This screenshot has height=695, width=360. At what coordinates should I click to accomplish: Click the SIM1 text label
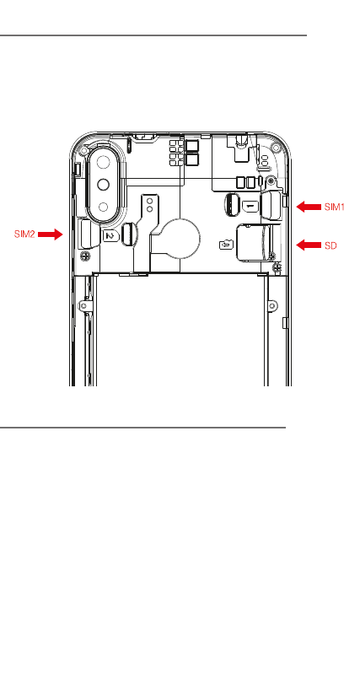[335, 207]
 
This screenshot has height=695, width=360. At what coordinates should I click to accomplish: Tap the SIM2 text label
[24, 234]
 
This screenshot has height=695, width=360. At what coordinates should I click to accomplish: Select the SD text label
[330, 245]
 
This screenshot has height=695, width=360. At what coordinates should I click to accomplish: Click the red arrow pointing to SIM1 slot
[309, 207]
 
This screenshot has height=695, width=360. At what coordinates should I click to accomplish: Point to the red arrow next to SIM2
[50, 234]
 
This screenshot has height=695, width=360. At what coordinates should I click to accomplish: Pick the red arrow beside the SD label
[309, 245]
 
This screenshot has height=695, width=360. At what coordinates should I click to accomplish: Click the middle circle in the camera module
[104, 184]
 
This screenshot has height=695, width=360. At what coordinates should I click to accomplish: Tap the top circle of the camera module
[104, 162]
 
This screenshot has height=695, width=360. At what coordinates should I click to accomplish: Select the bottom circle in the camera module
[104, 207]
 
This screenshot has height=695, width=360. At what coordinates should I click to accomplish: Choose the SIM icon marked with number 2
[111, 236]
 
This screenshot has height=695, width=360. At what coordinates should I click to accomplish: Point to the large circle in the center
[180, 239]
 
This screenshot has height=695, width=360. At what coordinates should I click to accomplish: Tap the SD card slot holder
[259, 242]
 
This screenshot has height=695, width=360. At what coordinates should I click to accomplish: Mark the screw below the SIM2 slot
[84, 256]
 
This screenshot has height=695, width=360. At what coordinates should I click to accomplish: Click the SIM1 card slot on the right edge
[271, 205]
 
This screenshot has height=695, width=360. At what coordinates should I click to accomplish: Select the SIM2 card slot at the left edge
[89, 234]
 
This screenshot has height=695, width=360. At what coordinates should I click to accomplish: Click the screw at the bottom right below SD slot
[277, 267]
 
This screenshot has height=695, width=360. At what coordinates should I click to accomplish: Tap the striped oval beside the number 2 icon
[128, 234]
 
